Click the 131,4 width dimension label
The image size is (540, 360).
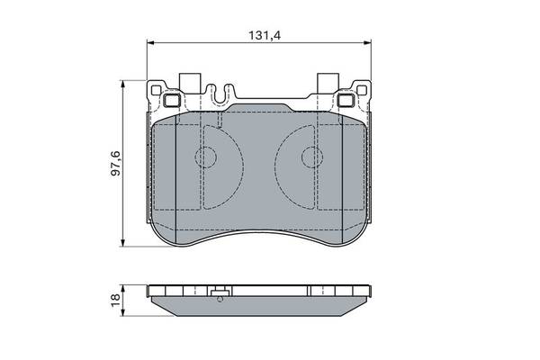265,35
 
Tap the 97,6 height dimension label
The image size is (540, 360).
116,163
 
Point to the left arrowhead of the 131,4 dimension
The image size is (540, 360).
149,42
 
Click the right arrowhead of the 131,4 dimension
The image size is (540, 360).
368,42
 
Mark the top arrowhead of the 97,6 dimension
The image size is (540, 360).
122,83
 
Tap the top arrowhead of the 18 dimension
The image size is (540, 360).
122,288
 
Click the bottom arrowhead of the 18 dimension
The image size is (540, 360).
122,313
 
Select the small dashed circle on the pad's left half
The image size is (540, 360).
205,157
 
